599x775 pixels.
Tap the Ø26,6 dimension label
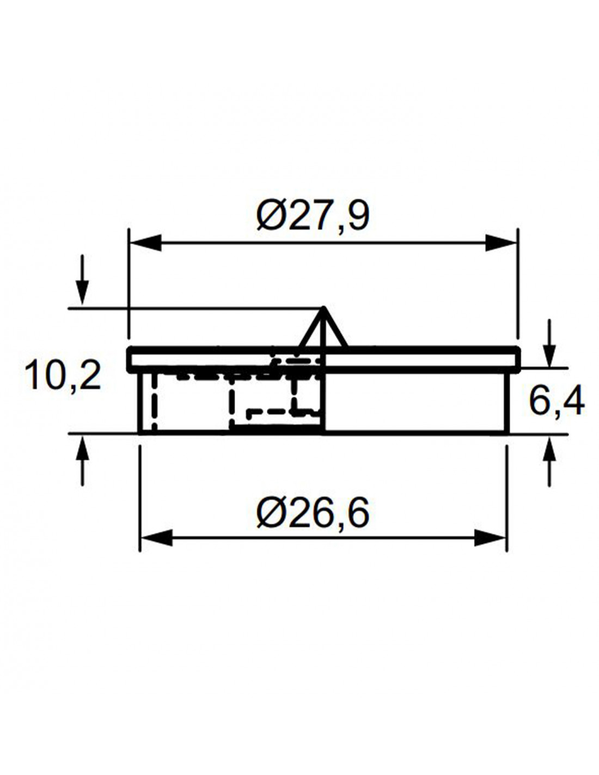pos(312,514)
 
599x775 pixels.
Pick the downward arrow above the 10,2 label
pos(82,280)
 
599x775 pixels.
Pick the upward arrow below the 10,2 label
pos(82,461)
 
